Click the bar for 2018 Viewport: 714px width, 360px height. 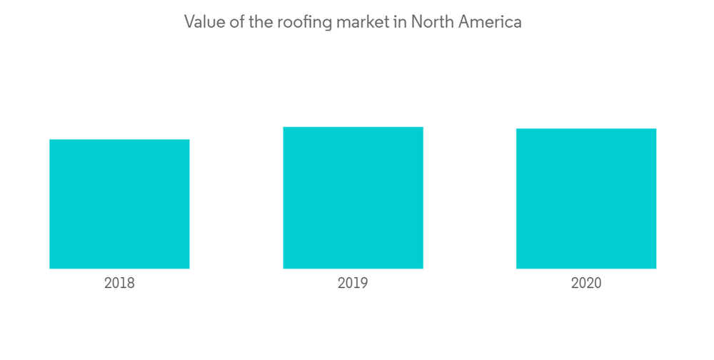click(x=119, y=204)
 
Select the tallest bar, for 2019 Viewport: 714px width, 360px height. click(x=353, y=198)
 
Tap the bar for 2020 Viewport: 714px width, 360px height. click(x=586, y=199)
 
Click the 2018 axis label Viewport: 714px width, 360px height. click(x=119, y=283)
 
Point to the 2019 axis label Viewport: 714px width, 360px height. click(x=353, y=283)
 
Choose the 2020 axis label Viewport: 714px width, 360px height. click(x=586, y=283)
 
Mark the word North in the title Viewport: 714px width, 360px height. click(x=430, y=22)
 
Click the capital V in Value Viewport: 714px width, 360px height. click(x=190, y=22)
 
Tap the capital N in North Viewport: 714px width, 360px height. click(x=416, y=22)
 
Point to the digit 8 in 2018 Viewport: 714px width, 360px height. click(x=130, y=283)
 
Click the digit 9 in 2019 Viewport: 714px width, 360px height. click(x=363, y=283)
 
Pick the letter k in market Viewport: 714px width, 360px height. click(x=368, y=22)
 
